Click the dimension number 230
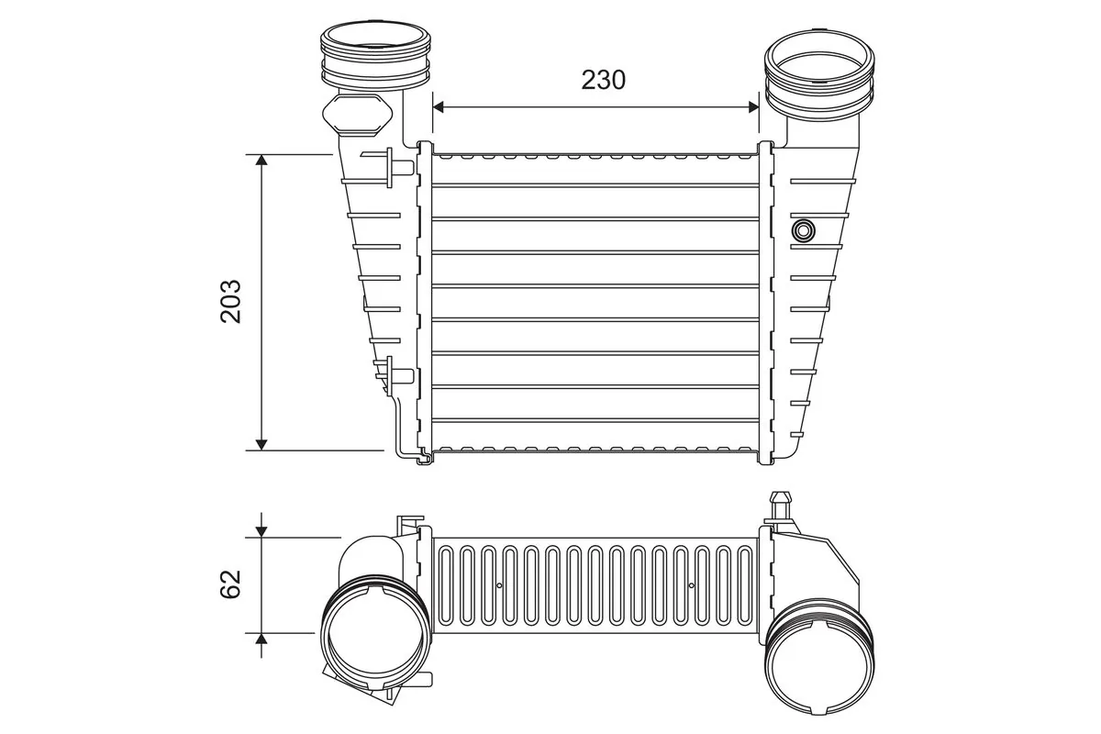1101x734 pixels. [x=603, y=80]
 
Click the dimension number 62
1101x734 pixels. [x=231, y=584]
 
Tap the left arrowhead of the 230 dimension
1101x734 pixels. [x=438, y=107]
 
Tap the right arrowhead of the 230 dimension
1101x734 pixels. [x=754, y=107]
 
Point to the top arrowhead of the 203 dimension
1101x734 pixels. [x=261, y=161]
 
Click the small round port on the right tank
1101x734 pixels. [x=805, y=228]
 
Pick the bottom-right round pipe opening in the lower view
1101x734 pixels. [x=818, y=665]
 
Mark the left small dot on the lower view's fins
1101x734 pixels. [x=499, y=585]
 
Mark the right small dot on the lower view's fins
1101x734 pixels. [x=691, y=585]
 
